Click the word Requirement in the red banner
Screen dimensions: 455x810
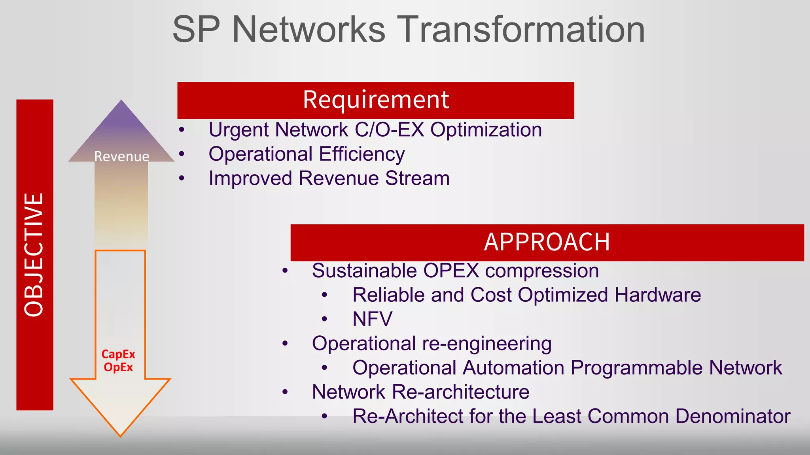point(376,100)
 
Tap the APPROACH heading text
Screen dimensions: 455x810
point(547,242)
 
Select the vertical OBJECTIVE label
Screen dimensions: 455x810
point(34,255)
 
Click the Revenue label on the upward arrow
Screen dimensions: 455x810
point(121,156)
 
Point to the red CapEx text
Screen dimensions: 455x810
point(118,354)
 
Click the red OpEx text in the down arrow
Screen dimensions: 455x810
point(118,367)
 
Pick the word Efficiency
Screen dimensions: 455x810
point(361,154)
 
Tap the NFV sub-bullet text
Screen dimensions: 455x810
point(372,319)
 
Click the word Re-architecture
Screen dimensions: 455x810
point(460,392)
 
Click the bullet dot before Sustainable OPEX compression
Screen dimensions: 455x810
point(285,271)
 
